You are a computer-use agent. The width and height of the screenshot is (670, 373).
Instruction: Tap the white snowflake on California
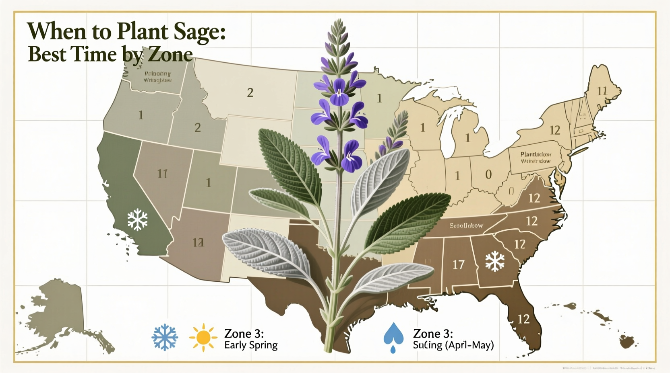pyautogui.click(x=137, y=219)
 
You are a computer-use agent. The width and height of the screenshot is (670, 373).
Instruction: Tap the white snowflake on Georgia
pyautogui.click(x=495, y=261)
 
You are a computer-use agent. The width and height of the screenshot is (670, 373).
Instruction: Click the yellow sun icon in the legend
pyautogui.click(x=203, y=337)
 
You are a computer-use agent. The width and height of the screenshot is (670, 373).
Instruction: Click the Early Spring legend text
pyautogui.click(x=251, y=345)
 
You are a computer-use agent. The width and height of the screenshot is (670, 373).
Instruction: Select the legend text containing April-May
pyautogui.click(x=453, y=345)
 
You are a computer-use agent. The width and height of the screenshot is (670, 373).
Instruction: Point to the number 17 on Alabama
pyautogui.click(x=458, y=264)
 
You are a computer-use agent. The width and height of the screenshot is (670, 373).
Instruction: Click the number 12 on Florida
pyautogui.click(x=523, y=319)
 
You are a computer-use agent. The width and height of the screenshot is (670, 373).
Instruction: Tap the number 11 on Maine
pyautogui.click(x=602, y=91)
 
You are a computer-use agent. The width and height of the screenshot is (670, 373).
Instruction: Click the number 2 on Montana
pyautogui.click(x=250, y=93)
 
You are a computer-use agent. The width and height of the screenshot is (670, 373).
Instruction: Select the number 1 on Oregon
pyautogui.click(x=141, y=115)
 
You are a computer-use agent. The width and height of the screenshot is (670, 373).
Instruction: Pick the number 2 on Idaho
pyautogui.click(x=197, y=128)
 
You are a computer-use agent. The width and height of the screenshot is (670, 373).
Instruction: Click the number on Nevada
pyautogui.click(x=162, y=174)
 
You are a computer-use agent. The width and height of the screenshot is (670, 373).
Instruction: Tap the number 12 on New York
pyautogui.click(x=555, y=130)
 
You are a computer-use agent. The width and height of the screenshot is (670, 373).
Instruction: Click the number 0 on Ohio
pyautogui.click(x=488, y=174)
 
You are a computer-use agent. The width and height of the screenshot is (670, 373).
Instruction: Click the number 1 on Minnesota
pyautogui.click(x=379, y=98)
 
